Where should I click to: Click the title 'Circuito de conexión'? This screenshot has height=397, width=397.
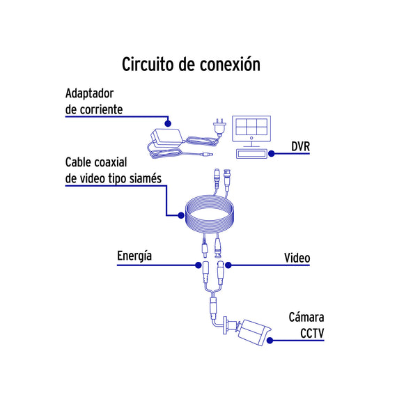(x=191, y=64)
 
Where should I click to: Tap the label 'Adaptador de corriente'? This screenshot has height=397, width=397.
(x=94, y=102)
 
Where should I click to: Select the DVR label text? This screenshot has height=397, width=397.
(x=300, y=146)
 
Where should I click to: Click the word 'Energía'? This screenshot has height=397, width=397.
(x=134, y=256)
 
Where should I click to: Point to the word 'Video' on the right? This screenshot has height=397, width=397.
(x=297, y=258)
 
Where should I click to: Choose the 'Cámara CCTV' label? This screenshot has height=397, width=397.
(x=306, y=325)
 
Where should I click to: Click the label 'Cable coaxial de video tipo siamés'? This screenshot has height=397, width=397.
(x=114, y=171)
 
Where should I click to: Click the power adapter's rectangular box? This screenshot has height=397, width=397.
(x=167, y=138)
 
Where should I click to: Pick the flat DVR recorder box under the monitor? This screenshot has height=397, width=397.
(x=251, y=154)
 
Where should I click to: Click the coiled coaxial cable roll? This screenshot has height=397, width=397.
(x=210, y=215)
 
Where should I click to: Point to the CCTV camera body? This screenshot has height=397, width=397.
(x=254, y=332)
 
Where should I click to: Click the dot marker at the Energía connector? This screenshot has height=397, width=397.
(x=198, y=265)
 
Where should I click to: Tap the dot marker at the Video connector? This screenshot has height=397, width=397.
(x=228, y=265)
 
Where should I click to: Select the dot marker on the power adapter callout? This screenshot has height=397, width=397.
(x=168, y=123)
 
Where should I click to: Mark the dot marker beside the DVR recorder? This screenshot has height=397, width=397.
(x=272, y=153)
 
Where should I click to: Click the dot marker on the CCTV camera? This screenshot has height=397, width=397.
(x=270, y=341)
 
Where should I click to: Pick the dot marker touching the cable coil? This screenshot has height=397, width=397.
(x=181, y=215)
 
